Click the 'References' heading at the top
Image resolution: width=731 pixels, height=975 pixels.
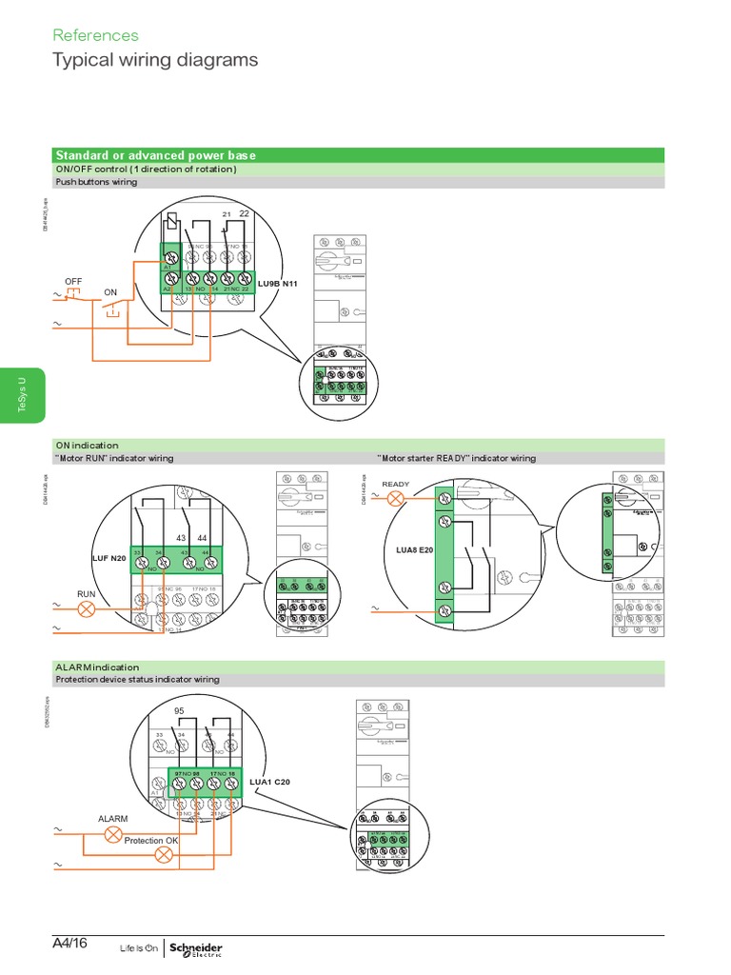pos(95,35)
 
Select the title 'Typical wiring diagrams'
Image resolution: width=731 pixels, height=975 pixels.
pos(154,60)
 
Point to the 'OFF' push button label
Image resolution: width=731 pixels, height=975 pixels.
pos(74,282)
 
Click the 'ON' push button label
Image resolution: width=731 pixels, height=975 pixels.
pos(110,291)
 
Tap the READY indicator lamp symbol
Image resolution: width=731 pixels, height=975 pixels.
pos(395,499)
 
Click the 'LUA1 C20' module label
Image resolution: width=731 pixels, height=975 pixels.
pos(269,781)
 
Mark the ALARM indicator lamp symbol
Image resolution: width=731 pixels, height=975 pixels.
pos(113,835)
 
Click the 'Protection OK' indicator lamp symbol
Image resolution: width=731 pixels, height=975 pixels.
pos(164,855)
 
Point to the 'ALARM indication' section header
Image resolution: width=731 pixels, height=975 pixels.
pos(97,667)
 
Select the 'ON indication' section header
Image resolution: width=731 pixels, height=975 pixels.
pos(87,445)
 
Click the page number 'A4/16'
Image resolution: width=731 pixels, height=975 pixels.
pos(70,944)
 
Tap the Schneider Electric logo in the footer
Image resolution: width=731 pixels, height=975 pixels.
pos(194,947)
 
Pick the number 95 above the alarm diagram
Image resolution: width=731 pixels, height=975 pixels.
pos(178,711)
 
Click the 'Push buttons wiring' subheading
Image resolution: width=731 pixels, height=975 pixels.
pos(96,182)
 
